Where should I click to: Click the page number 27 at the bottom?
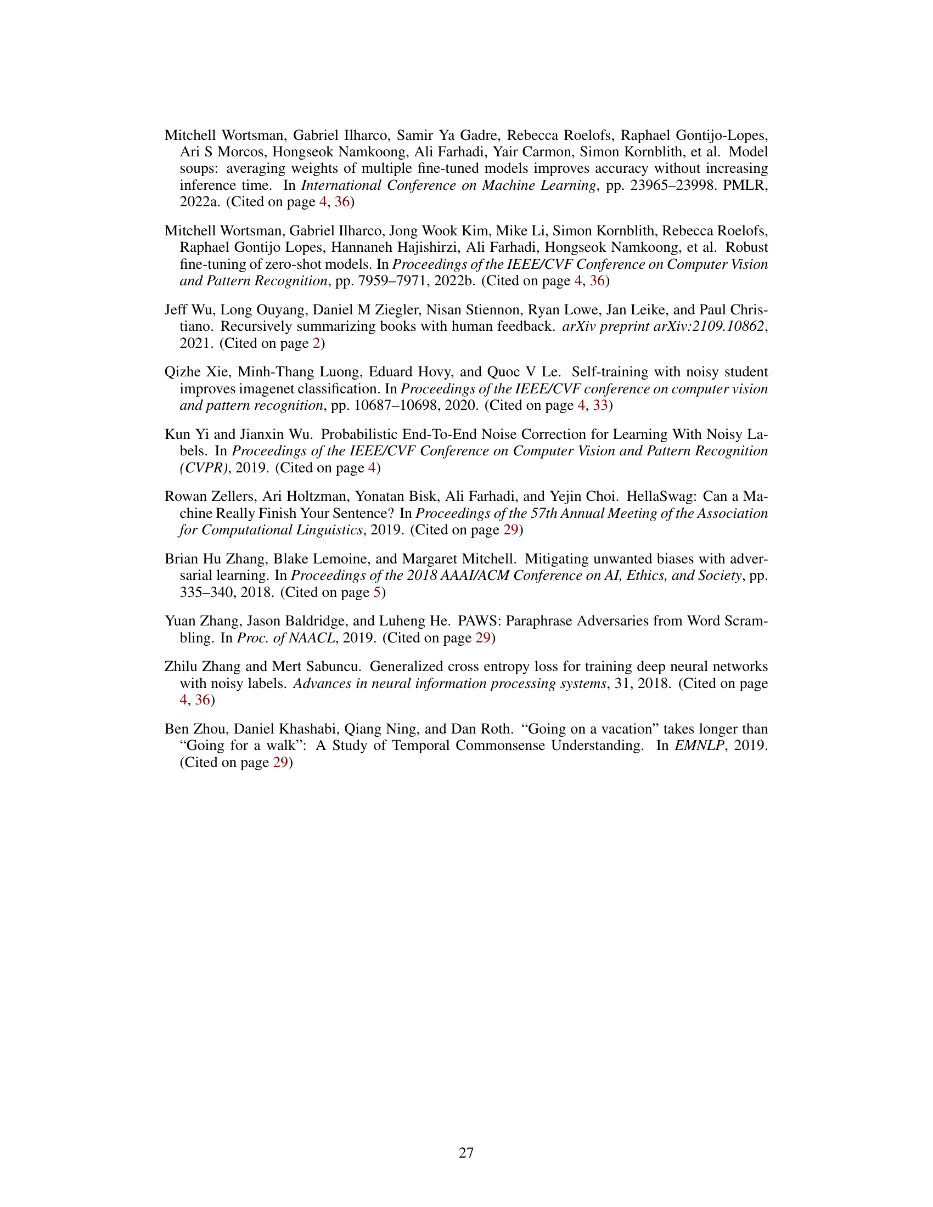pyautogui.click(x=466, y=1153)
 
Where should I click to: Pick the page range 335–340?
pyautogui.click(x=205, y=593)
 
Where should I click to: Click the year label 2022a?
pyautogui.click(x=200, y=202)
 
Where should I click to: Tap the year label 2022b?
pyautogui.click(x=455, y=281)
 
